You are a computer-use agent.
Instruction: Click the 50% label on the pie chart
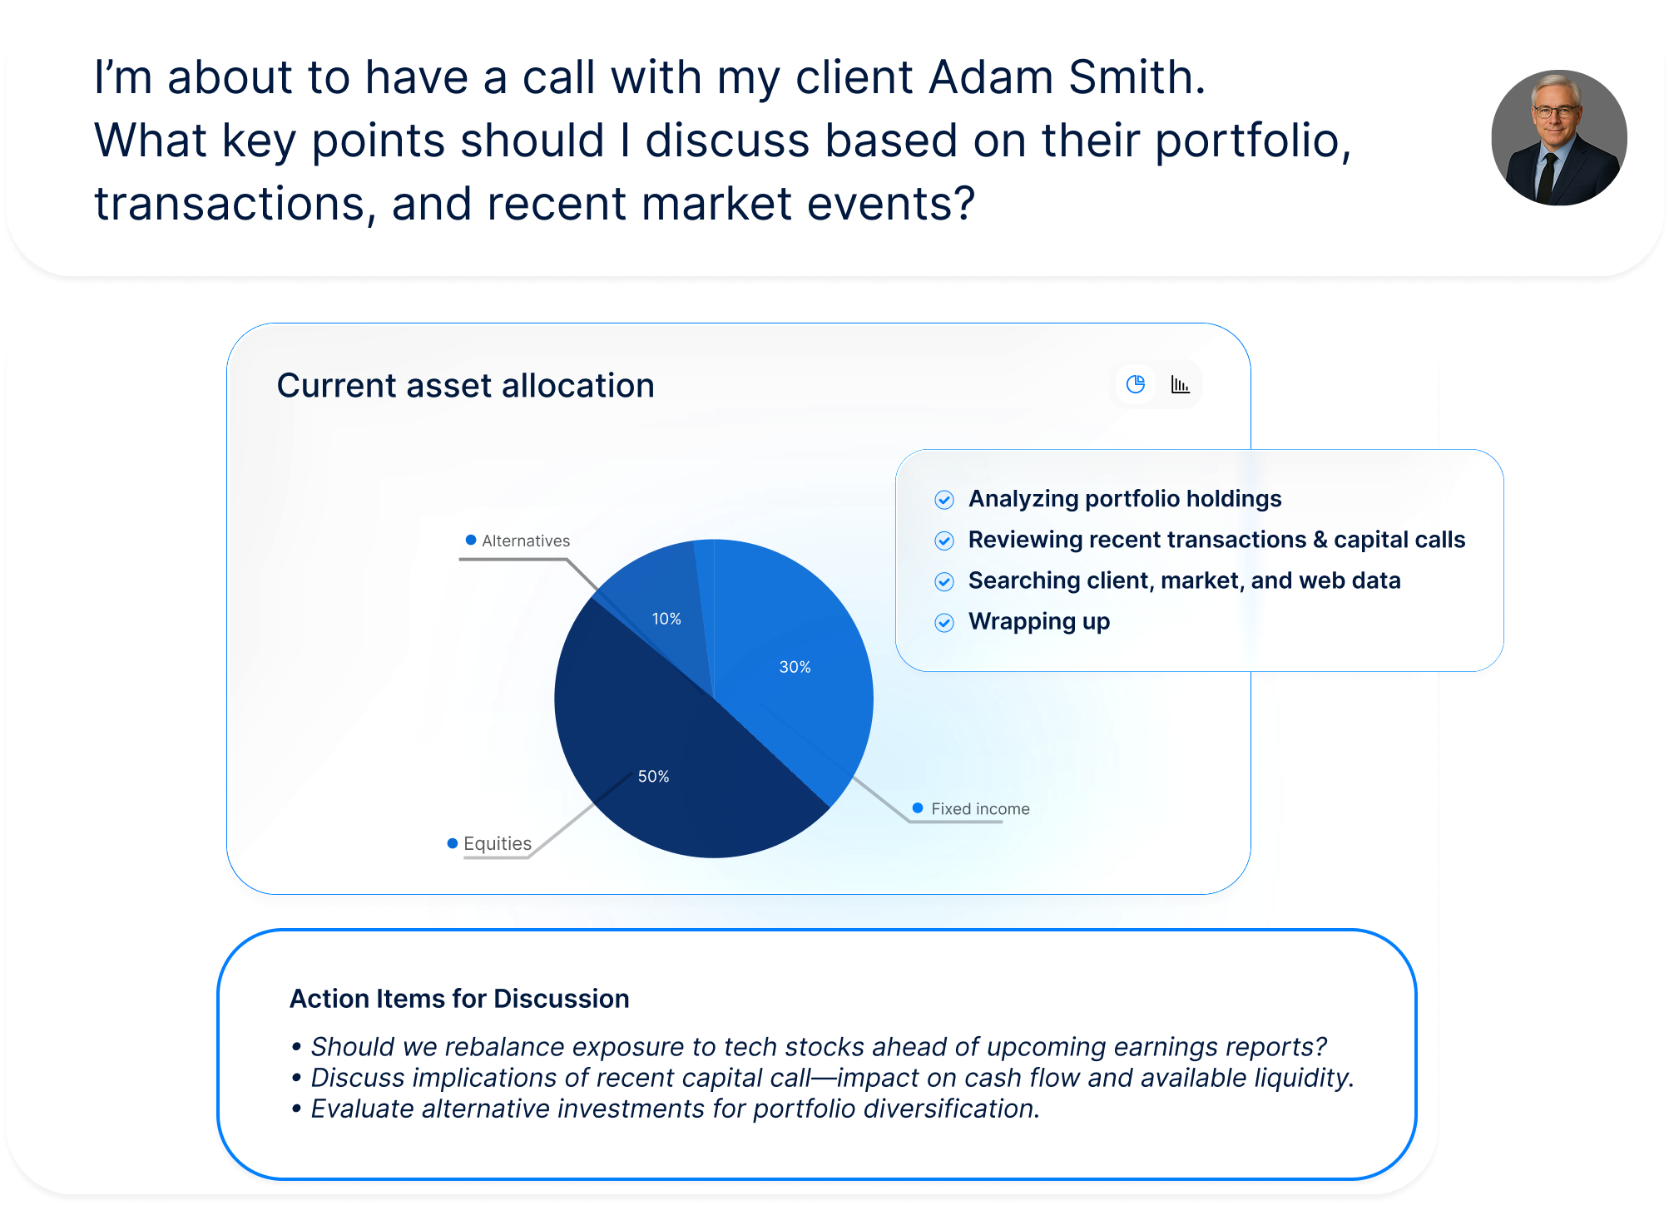point(653,776)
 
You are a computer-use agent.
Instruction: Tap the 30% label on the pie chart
point(795,667)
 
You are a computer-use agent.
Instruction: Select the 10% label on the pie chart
point(666,619)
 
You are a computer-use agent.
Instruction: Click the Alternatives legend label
point(526,541)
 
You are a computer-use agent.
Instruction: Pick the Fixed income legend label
point(980,808)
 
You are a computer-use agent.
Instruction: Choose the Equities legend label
point(498,843)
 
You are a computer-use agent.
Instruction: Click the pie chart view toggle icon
point(1136,384)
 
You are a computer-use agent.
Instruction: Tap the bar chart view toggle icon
point(1180,384)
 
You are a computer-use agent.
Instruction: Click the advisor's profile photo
point(1559,138)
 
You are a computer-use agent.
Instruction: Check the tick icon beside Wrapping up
point(944,623)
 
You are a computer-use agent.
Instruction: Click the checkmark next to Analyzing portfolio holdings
point(944,500)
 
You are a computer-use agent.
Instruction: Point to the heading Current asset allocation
point(465,386)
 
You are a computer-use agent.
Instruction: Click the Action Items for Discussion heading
point(459,998)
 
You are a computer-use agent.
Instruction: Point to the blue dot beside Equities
point(453,843)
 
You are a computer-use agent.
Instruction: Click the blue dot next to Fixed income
point(918,807)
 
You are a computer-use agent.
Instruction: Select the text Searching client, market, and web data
point(1185,580)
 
